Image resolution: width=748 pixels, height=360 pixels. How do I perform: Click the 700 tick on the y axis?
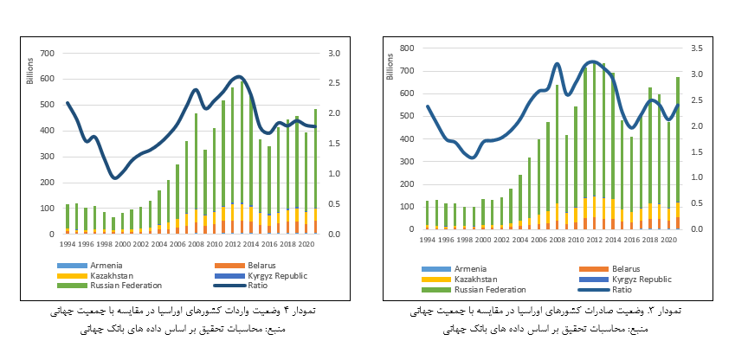[x=47, y=54]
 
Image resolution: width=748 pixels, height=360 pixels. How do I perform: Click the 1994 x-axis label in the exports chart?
[x=428, y=239]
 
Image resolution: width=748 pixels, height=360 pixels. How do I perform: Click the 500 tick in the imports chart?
[x=47, y=106]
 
